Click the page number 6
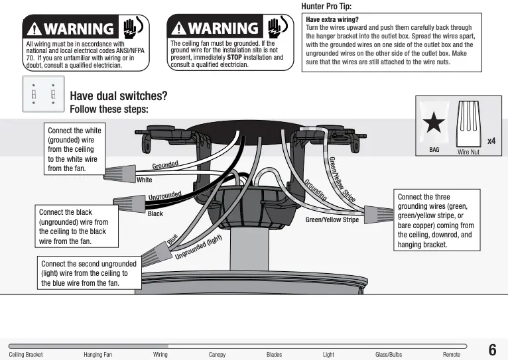(x=492, y=350)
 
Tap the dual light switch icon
(x=44, y=93)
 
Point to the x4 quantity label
(x=491, y=141)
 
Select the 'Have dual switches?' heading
(x=118, y=96)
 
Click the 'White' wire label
(x=144, y=180)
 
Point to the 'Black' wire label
(x=155, y=214)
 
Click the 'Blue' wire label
(x=172, y=239)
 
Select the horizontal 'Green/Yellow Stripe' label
(x=332, y=219)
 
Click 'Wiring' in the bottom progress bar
(x=160, y=355)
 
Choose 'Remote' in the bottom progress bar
(x=452, y=355)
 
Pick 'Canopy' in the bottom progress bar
(x=217, y=355)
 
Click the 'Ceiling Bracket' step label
(x=25, y=355)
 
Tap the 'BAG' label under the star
(x=434, y=150)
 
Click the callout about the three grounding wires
(x=436, y=221)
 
